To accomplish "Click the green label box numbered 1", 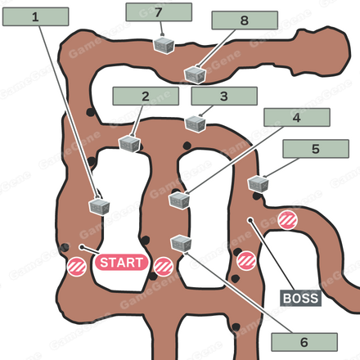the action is [x=35, y=16].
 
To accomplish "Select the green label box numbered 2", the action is [x=146, y=96].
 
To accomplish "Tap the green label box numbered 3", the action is [x=224, y=96].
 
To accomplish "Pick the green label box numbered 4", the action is [x=297, y=117].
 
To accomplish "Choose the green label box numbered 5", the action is [x=316, y=149].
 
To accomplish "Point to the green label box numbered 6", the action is [x=304, y=342].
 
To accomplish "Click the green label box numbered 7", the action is [x=159, y=12].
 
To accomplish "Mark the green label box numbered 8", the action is [x=245, y=20].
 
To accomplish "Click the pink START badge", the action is [x=121, y=263].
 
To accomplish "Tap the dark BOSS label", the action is [x=300, y=298].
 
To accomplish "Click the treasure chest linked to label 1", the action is [x=99, y=206].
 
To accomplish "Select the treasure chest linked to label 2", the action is [x=130, y=144].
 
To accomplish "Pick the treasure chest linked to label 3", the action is [x=196, y=124].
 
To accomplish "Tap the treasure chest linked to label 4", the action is [x=179, y=200].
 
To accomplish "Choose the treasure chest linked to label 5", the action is [x=259, y=184].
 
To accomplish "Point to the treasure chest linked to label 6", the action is [x=181, y=243].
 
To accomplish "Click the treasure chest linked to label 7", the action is [x=164, y=46].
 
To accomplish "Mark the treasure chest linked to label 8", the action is [x=195, y=74].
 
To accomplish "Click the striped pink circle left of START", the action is [x=77, y=267].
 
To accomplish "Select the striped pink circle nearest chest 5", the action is [x=287, y=220].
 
